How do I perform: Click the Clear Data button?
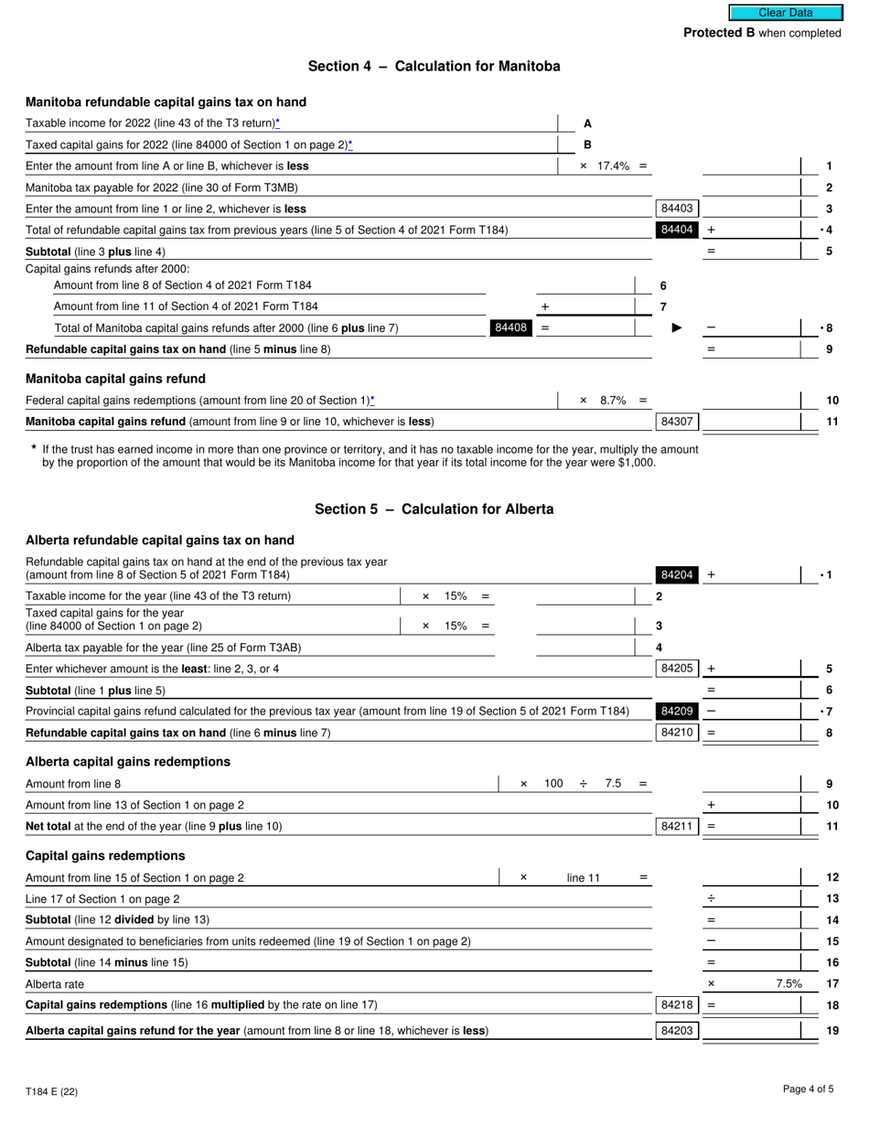(785, 13)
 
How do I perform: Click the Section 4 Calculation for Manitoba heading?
(434, 66)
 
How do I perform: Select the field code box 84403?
(676, 209)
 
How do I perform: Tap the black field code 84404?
(676, 230)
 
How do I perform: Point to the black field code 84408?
(510, 327)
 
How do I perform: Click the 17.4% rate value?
(614, 166)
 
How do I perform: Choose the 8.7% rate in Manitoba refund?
(613, 400)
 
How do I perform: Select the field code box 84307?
(676, 422)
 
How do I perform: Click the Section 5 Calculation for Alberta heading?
(434, 509)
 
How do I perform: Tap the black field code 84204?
(676, 574)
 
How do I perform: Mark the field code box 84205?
(676, 669)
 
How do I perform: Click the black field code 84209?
(676, 711)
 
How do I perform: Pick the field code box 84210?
(676, 732)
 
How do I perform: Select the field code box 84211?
(676, 826)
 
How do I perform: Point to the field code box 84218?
(676, 1004)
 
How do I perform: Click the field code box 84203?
(676, 1031)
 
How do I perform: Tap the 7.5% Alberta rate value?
(789, 983)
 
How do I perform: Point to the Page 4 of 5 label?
(808, 1088)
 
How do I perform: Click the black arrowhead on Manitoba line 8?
(676, 327)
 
